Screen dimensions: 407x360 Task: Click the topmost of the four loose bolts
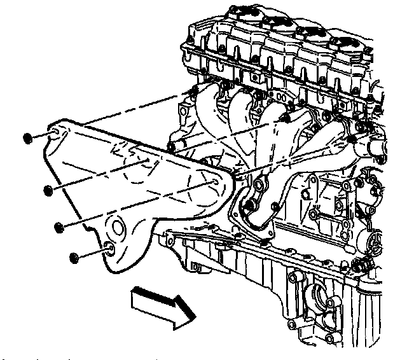pyautogui.click(x=27, y=138)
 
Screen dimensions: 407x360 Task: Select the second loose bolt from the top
pyautogui.click(x=48, y=190)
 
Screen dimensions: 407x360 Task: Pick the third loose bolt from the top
pyautogui.click(x=59, y=227)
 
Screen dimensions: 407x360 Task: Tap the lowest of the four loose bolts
pyautogui.click(x=72, y=257)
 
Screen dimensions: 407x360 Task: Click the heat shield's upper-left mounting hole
pyautogui.click(x=56, y=132)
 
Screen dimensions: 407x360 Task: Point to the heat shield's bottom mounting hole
pyautogui.click(x=109, y=249)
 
